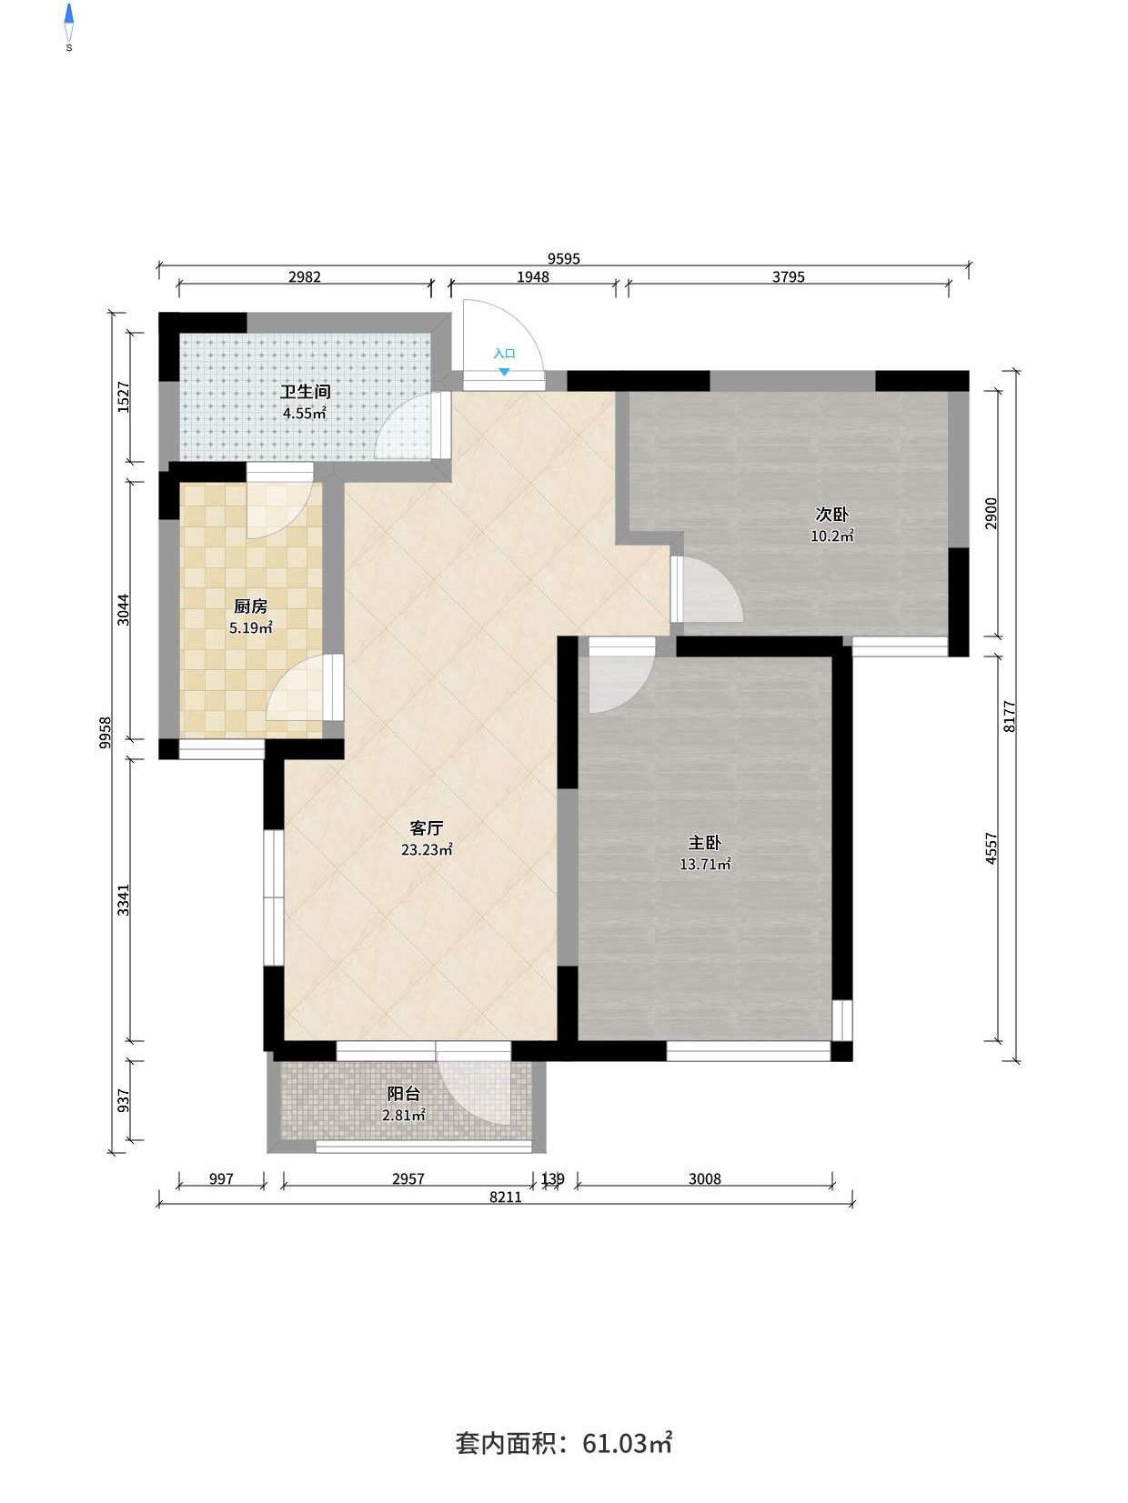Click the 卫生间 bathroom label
click(x=305, y=392)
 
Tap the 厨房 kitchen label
click(x=251, y=606)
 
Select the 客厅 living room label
click(x=426, y=828)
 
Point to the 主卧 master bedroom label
click(x=705, y=843)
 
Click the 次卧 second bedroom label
click(x=832, y=514)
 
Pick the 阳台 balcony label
click(x=403, y=1094)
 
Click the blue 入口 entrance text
click(x=504, y=354)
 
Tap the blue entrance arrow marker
click(x=504, y=372)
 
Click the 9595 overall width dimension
click(x=564, y=259)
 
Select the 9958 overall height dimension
click(x=105, y=733)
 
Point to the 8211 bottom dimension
click(x=506, y=1197)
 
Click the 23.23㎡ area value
click(x=427, y=850)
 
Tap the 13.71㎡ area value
click(x=705, y=864)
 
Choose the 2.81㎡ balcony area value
click(x=403, y=1115)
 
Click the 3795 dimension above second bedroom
click(x=789, y=277)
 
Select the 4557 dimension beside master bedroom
click(x=991, y=848)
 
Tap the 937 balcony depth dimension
click(x=124, y=1100)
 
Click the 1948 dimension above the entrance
click(x=533, y=277)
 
